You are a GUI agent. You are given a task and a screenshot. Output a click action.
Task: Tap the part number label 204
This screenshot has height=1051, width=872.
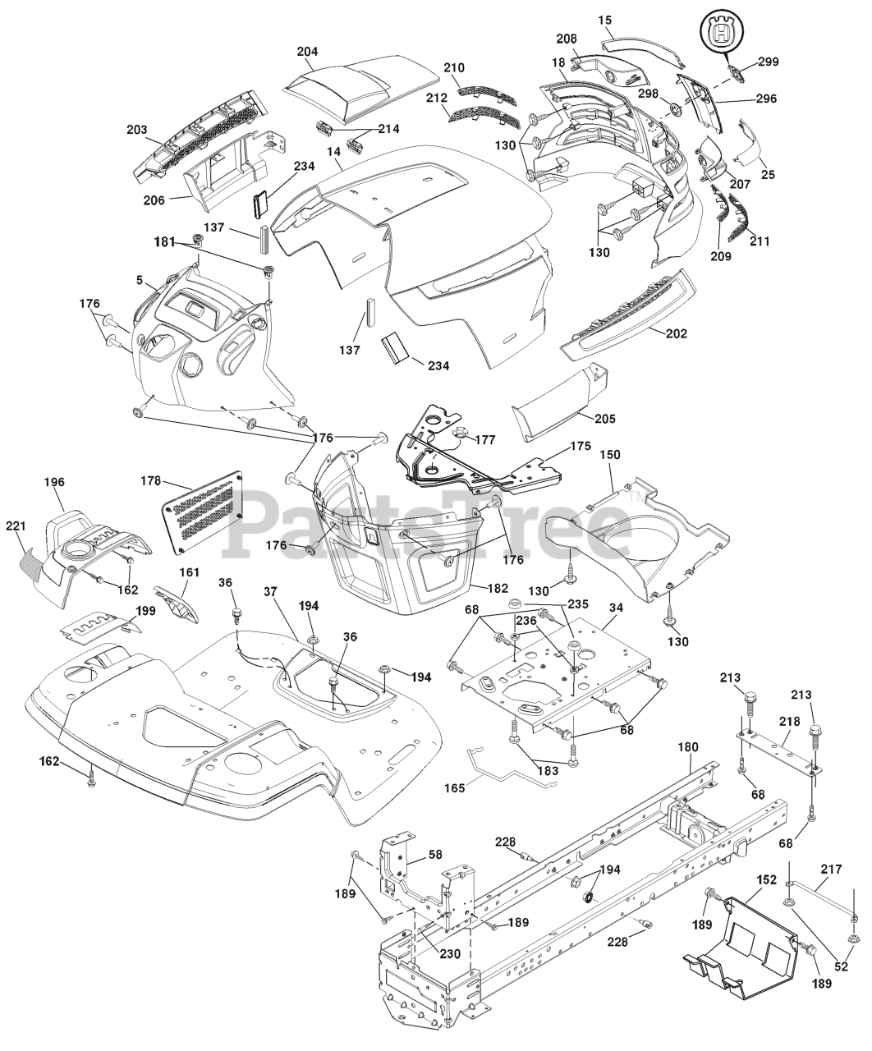[307, 51]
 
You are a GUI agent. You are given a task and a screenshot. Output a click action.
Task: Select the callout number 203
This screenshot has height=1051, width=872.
[136, 130]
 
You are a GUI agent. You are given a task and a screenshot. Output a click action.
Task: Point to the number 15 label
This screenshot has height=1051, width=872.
[606, 17]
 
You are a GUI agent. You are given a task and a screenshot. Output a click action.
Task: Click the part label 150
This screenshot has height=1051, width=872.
[610, 454]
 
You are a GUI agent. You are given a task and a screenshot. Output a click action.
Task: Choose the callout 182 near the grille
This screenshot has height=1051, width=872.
[498, 588]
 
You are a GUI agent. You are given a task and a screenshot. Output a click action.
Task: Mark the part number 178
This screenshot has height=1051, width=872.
[151, 482]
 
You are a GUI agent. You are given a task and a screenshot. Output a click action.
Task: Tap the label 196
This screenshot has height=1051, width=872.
[55, 482]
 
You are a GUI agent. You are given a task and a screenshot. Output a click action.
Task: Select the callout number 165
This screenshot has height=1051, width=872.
[453, 787]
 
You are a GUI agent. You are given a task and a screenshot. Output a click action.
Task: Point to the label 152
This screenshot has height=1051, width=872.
[765, 879]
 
